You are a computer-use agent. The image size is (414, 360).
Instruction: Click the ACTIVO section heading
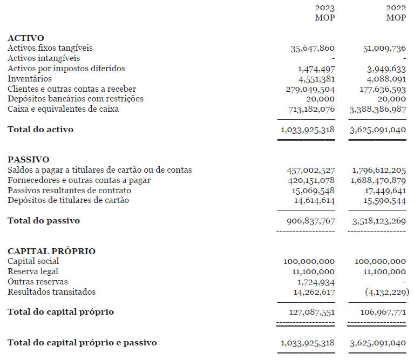[x=26, y=38]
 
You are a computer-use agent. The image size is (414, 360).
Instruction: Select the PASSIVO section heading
[x=28, y=160]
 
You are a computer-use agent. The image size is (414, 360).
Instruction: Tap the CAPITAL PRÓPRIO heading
[x=51, y=252]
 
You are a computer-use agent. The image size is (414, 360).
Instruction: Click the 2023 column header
[x=324, y=8]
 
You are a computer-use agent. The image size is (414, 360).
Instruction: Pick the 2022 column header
[x=396, y=8]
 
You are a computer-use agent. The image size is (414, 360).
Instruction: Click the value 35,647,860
[x=313, y=49]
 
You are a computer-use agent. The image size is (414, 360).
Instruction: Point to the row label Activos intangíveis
[x=44, y=58]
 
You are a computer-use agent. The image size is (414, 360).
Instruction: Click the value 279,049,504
[x=310, y=89]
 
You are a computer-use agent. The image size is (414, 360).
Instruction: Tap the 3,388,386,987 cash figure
[x=378, y=109]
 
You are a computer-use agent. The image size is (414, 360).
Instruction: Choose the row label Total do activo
[x=40, y=130]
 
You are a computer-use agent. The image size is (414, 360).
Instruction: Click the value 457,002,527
[x=310, y=171]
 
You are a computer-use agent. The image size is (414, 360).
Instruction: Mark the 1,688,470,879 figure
[x=378, y=180]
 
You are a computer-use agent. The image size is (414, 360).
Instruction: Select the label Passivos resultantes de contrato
[x=69, y=191]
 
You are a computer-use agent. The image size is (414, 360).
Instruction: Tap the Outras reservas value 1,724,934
[x=316, y=282]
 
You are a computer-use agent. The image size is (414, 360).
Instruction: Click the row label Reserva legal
[x=33, y=271]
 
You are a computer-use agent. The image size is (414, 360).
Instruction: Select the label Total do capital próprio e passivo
[x=82, y=343]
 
